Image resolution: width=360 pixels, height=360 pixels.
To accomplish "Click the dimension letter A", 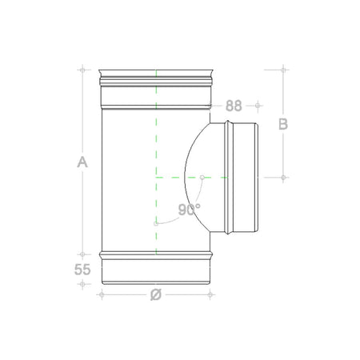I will coord(82,162).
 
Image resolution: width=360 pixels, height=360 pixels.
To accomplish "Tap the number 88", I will coord(234,105).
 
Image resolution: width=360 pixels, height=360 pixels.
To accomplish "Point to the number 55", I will coord(82,270).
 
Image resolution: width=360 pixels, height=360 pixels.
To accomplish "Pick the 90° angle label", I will coord(189,210).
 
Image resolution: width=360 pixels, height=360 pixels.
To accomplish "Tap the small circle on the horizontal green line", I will coord(202,176).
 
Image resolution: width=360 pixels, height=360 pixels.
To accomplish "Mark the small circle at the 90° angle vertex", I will coord(155,223).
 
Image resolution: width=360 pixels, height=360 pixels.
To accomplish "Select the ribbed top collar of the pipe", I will coord(155,79).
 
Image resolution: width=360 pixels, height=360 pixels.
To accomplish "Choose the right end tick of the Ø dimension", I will coord(210,294).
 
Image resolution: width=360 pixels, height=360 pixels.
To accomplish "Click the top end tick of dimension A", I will coord(82,70).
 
